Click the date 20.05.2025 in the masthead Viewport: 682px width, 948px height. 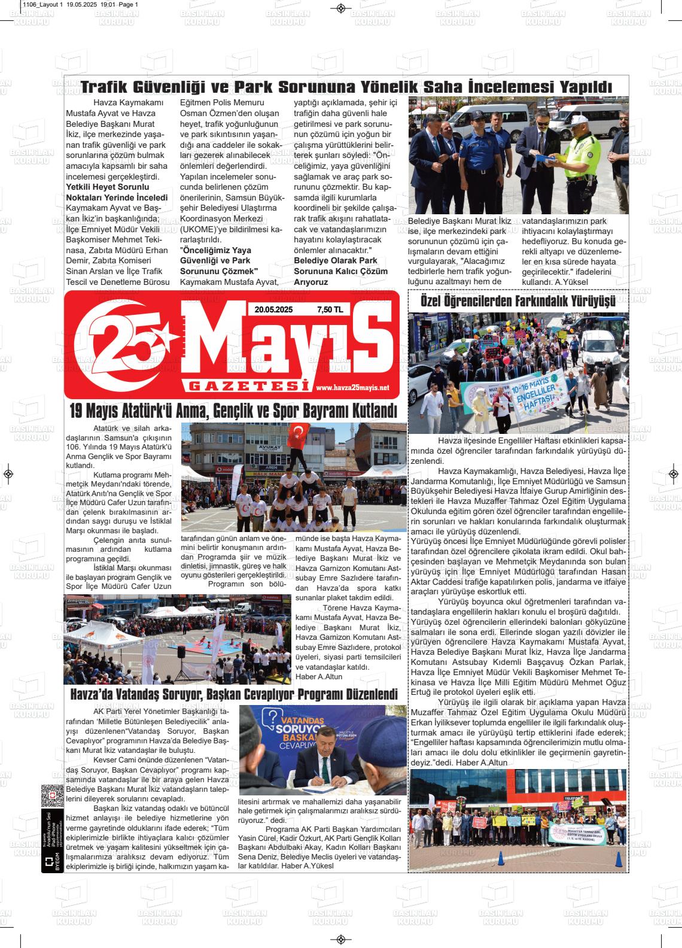273,309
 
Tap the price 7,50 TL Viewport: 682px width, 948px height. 330,309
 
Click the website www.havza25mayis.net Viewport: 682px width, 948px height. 352,388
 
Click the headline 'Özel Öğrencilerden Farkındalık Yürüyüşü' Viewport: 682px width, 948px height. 518,300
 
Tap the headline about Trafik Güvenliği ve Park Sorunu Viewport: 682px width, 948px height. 346,87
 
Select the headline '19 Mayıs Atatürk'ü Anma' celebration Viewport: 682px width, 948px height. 233,412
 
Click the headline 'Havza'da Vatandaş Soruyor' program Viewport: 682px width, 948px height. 233,695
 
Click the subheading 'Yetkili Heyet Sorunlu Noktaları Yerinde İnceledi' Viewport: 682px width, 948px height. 117,192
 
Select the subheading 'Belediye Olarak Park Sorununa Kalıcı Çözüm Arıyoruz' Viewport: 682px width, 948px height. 340,271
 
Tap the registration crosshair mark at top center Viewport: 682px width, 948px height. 340,8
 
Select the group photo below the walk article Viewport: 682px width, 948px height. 518,819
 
